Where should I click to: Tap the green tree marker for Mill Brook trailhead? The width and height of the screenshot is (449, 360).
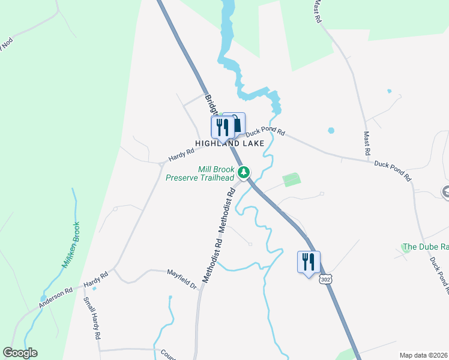pos(244,173)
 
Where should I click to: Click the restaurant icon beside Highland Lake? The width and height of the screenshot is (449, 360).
pos(221,127)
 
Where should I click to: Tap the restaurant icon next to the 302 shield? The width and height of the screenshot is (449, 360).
pos(309,262)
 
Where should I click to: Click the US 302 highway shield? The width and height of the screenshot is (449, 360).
pos(325,280)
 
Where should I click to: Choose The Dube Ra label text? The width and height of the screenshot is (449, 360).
pos(426,247)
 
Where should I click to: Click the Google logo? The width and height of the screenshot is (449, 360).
pos(20,353)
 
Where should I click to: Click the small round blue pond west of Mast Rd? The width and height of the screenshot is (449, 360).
pos(331,130)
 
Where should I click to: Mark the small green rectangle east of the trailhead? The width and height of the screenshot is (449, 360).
pos(291,179)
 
